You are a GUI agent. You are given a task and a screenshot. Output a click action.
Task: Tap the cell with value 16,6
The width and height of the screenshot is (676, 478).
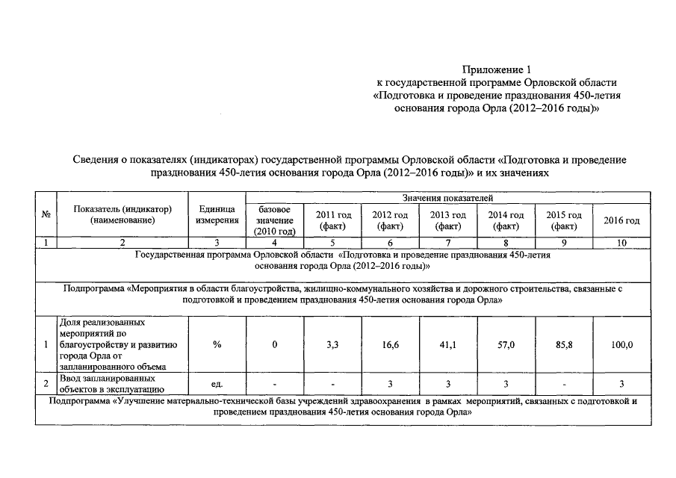point(390,344)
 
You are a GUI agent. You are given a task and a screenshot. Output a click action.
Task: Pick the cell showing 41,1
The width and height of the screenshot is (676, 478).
point(448,344)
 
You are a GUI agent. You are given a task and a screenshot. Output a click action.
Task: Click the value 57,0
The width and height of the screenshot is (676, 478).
point(506,344)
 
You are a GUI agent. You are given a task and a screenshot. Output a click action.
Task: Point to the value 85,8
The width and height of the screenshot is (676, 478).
point(564,344)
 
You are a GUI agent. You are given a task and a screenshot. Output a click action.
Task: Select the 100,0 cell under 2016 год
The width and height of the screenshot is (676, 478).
point(621,344)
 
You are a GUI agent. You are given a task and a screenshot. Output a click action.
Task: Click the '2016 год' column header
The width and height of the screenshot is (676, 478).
point(621,220)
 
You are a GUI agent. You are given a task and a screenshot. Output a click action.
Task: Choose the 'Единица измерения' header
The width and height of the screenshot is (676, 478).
point(217,214)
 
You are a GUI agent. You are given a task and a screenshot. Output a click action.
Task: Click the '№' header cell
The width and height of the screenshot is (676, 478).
point(46,214)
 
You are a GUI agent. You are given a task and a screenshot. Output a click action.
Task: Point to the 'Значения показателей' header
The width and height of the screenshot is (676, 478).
point(447,197)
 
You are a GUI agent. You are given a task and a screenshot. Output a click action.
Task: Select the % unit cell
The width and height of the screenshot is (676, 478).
point(217,344)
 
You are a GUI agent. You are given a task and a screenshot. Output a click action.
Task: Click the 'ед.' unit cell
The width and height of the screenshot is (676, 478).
point(217,384)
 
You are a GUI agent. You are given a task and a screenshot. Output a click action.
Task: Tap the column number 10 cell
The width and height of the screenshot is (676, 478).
point(621,243)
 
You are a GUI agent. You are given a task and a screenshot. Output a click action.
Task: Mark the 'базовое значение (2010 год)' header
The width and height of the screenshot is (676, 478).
point(275,220)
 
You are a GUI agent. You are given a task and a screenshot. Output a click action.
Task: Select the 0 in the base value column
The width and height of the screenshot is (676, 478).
point(275,344)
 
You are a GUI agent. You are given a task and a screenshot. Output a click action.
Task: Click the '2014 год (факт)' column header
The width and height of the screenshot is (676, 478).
point(506,220)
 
